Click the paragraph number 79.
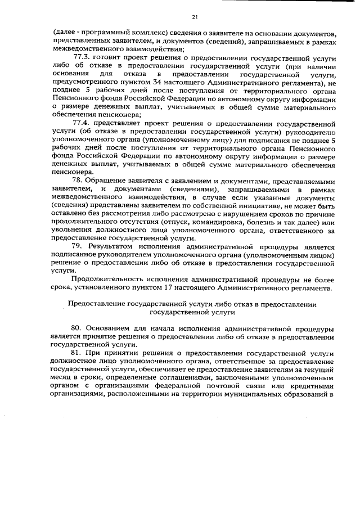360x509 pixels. pos(79,246)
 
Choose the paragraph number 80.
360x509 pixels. pos(79,328)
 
